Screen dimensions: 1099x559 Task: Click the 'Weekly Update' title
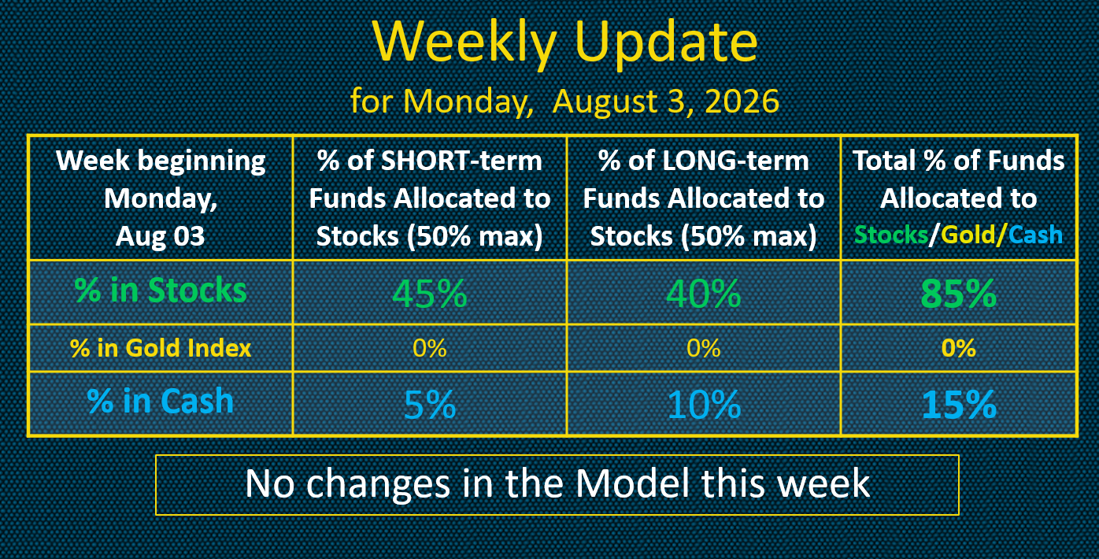coord(564,43)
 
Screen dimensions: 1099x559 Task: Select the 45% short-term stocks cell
coord(430,294)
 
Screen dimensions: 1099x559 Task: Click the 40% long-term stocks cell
coord(704,294)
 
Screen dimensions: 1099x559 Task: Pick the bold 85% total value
coord(959,294)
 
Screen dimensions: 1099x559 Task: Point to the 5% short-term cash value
coord(430,405)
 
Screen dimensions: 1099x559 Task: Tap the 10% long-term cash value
coord(704,405)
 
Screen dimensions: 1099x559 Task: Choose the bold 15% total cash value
coord(959,405)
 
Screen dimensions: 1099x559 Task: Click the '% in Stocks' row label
coord(161,290)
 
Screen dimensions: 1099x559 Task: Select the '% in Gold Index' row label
coord(161,348)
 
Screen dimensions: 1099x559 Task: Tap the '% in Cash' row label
coord(161,401)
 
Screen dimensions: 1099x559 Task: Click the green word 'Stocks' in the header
coord(891,235)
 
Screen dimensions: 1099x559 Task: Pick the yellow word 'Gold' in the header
coord(969,235)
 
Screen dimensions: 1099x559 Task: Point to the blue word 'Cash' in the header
coord(1036,235)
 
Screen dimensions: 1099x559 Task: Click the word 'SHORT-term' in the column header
coord(461,161)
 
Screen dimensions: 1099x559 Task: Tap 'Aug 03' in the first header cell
coord(161,236)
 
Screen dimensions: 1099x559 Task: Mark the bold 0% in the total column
coord(959,348)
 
